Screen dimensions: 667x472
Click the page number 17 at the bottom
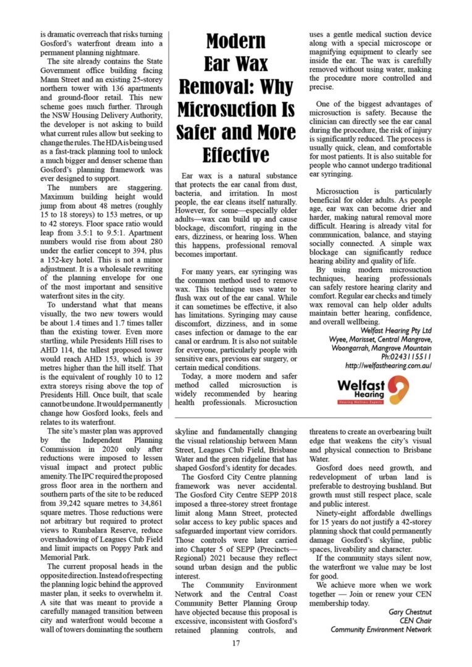(236, 644)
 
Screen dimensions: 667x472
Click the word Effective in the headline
(236, 154)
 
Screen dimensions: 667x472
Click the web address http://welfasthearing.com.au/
(389, 366)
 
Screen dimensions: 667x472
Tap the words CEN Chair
(413, 621)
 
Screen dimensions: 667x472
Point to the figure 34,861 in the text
(146, 516)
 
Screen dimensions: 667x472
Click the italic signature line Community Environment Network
(381, 629)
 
